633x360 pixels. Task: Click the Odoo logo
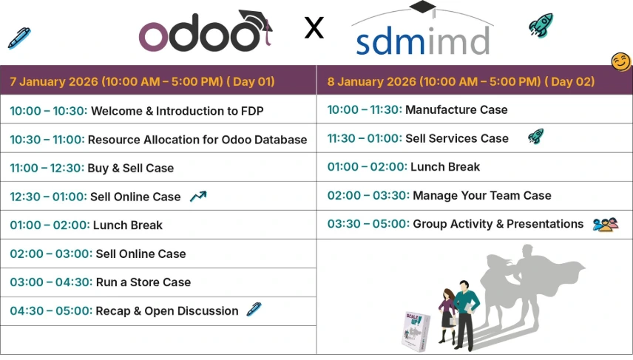tap(205, 32)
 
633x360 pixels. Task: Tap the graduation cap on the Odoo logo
tap(256, 20)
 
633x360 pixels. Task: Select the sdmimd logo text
tap(423, 41)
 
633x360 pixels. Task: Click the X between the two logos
tap(314, 28)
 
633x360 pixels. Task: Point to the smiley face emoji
tap(620, 62)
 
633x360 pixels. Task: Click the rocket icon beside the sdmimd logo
tap(541, 25)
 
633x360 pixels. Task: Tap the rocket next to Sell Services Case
tap(535, 137)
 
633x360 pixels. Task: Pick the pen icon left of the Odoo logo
tap(19, 38)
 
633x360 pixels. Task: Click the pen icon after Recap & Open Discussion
tap(254, 310)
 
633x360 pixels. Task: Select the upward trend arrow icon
tap(198, 196)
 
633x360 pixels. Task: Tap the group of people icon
tap(606, 225)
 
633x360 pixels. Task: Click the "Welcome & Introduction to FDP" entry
tap(177, 111)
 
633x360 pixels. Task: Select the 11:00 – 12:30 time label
tap(47, 168)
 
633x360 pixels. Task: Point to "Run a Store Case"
tap(143, 282)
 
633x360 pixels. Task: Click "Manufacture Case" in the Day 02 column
tap(456, 110)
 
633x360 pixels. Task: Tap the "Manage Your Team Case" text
tap(482, 195)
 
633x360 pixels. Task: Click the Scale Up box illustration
tap(416, 331)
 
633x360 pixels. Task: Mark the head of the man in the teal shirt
tap(464, 287)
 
